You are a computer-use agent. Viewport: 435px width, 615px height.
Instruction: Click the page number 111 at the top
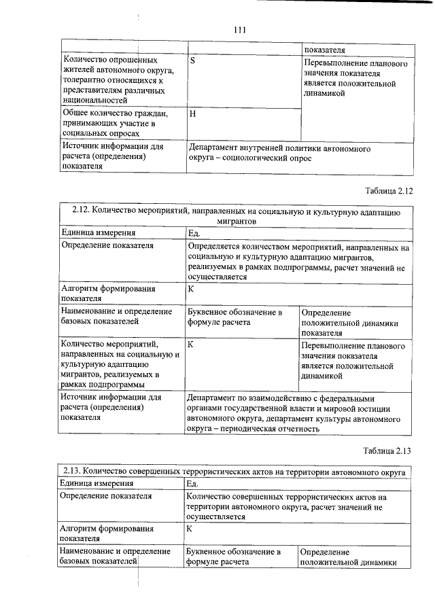(x=239, y=30)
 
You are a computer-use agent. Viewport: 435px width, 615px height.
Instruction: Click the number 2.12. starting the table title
(x=83, y=211)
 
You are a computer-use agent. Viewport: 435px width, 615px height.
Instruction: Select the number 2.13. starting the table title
(x=75, y=471)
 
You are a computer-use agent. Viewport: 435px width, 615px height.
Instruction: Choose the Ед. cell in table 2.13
(x=193, y=483)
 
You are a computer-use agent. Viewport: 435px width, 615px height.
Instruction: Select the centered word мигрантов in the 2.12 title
(x=237, y=222)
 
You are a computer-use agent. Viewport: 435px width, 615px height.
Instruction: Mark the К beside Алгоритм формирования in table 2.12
(x=191, y=289)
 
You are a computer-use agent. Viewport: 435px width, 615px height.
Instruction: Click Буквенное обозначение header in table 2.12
(x=234, y=312)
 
